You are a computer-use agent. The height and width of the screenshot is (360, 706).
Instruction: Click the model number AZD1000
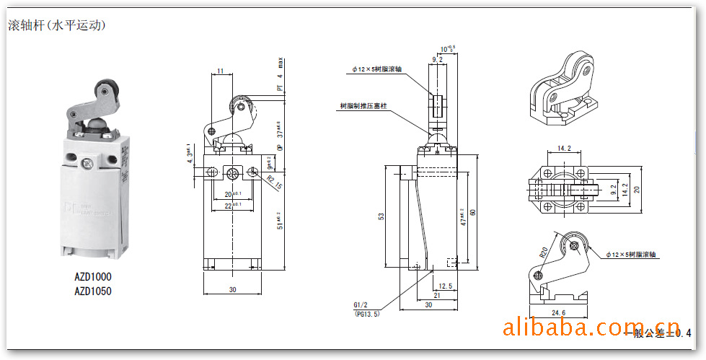(93, 276)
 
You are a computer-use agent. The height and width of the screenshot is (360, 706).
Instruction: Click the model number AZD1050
(93, 291)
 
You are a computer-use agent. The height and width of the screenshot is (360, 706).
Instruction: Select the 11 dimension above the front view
(220, 71)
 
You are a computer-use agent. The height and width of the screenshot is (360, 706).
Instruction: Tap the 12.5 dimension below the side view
(445, 286)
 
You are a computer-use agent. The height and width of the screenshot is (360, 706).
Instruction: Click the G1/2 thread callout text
(361, 305)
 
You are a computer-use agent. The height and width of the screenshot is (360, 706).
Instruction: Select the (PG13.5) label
(366, 314)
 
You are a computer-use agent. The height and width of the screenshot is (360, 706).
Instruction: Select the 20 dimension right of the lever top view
(637, 190)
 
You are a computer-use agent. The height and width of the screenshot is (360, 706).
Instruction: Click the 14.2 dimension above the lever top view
(564, 149)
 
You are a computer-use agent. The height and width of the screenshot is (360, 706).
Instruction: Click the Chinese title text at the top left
(57, 25)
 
